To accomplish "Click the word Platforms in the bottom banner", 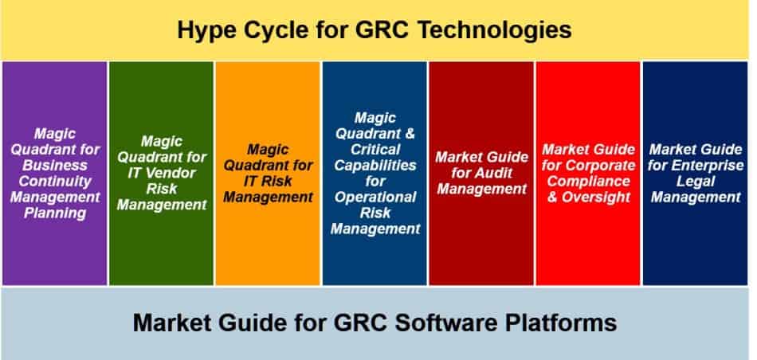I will coord(565,323).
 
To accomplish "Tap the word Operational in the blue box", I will coord(374,197).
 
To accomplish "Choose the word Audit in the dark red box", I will coord(500,173).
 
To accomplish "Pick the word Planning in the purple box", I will coord(56,213).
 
